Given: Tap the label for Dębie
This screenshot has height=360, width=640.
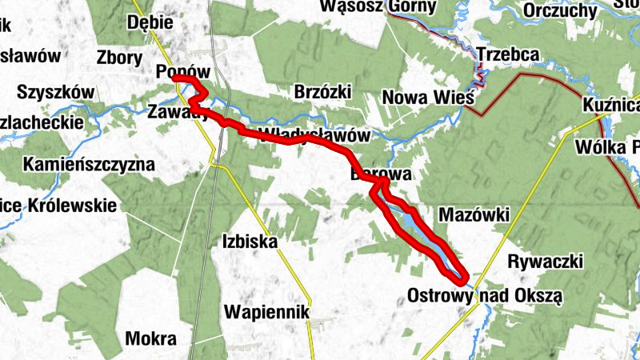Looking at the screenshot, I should pyautogui.click(x=150, y=22).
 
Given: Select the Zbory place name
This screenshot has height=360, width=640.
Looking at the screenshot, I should pyautogui.click(x=118, y=58).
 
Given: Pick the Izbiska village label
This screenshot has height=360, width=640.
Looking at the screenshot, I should pyautogui.click(x=250, y=241).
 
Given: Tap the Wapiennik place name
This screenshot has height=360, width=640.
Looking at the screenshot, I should pyautogui.click(x=266, y=311).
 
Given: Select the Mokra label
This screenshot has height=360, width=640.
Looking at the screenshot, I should pyautogui.click(x=150, y=338).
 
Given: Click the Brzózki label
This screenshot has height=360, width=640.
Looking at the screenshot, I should pyautogui.click(x=322, y=91).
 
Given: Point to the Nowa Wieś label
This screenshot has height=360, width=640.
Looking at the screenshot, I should pyautogui.click(x=429, y=98).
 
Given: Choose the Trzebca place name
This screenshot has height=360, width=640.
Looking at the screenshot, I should pyautogui.click(x=508, y=54).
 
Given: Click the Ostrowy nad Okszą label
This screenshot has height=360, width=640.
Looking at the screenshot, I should pyautogui.click(x=485, y=295).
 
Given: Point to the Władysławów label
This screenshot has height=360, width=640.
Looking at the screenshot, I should pyautogui.click(x=316, y=135).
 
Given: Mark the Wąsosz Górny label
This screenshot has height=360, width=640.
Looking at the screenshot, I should pyautogui.click(x=378, y=7).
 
